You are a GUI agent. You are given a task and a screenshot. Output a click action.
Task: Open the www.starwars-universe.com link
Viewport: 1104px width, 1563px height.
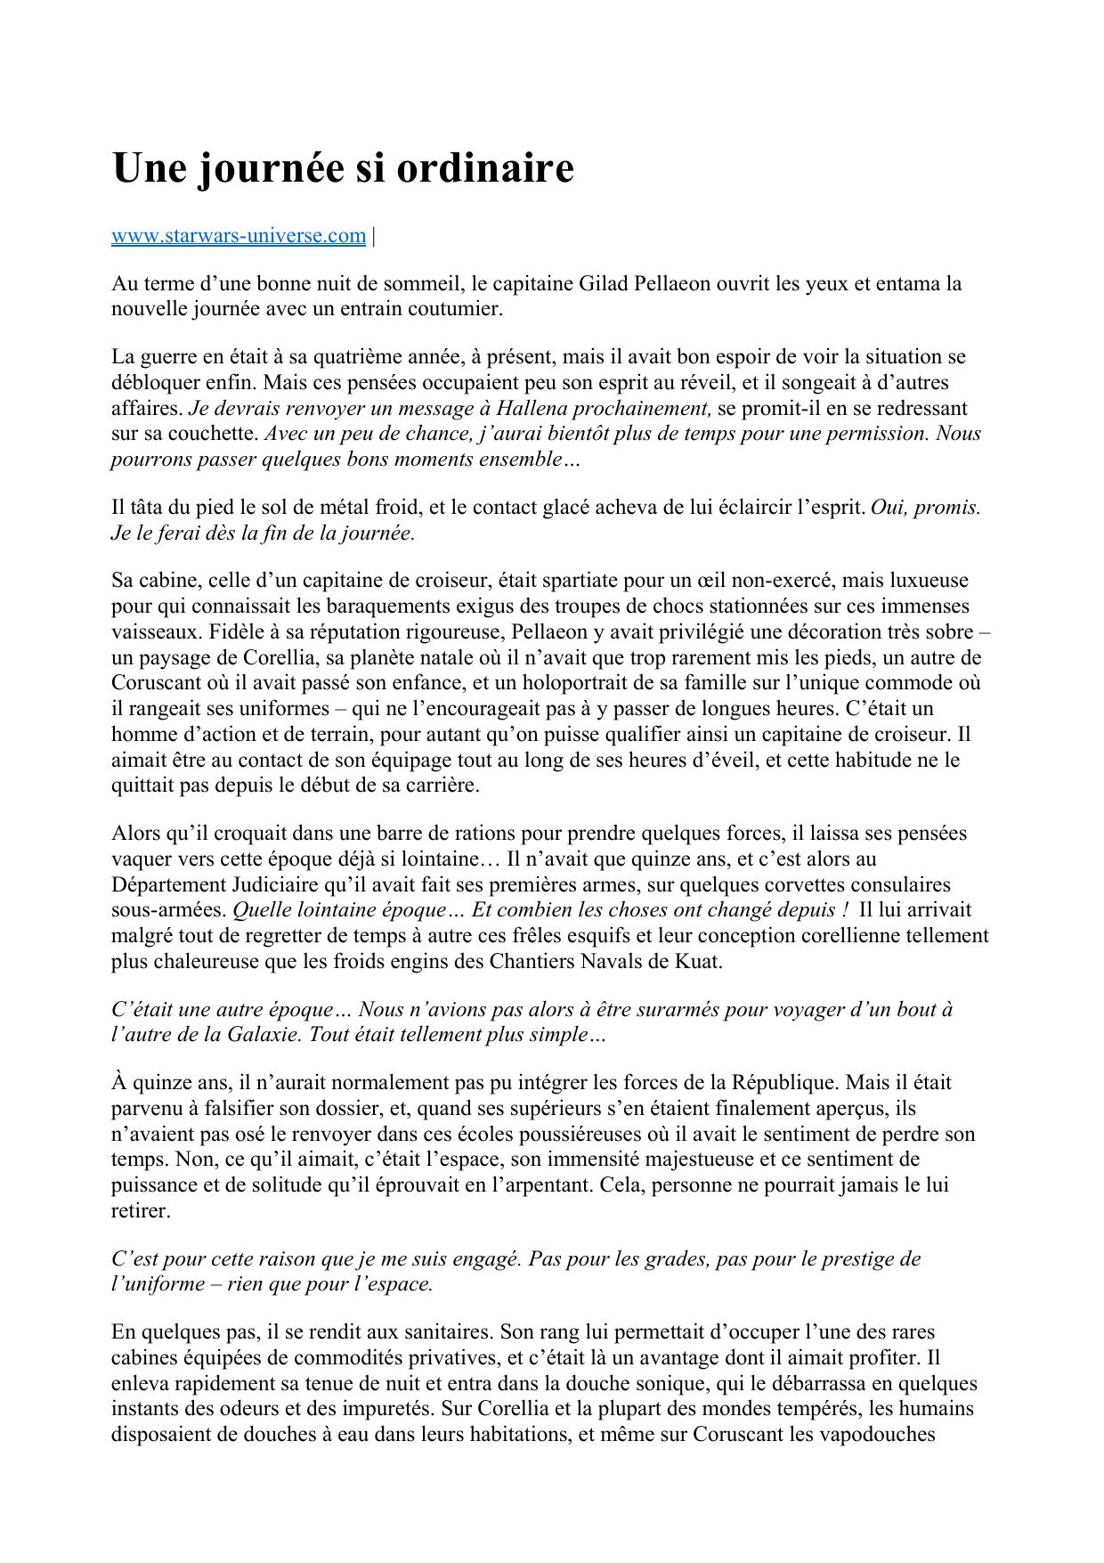coord(238,236)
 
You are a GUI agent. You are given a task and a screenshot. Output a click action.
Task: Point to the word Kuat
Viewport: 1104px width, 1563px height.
coord(700,963)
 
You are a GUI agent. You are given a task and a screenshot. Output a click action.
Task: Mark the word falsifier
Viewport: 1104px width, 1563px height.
coord(226,1109)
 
